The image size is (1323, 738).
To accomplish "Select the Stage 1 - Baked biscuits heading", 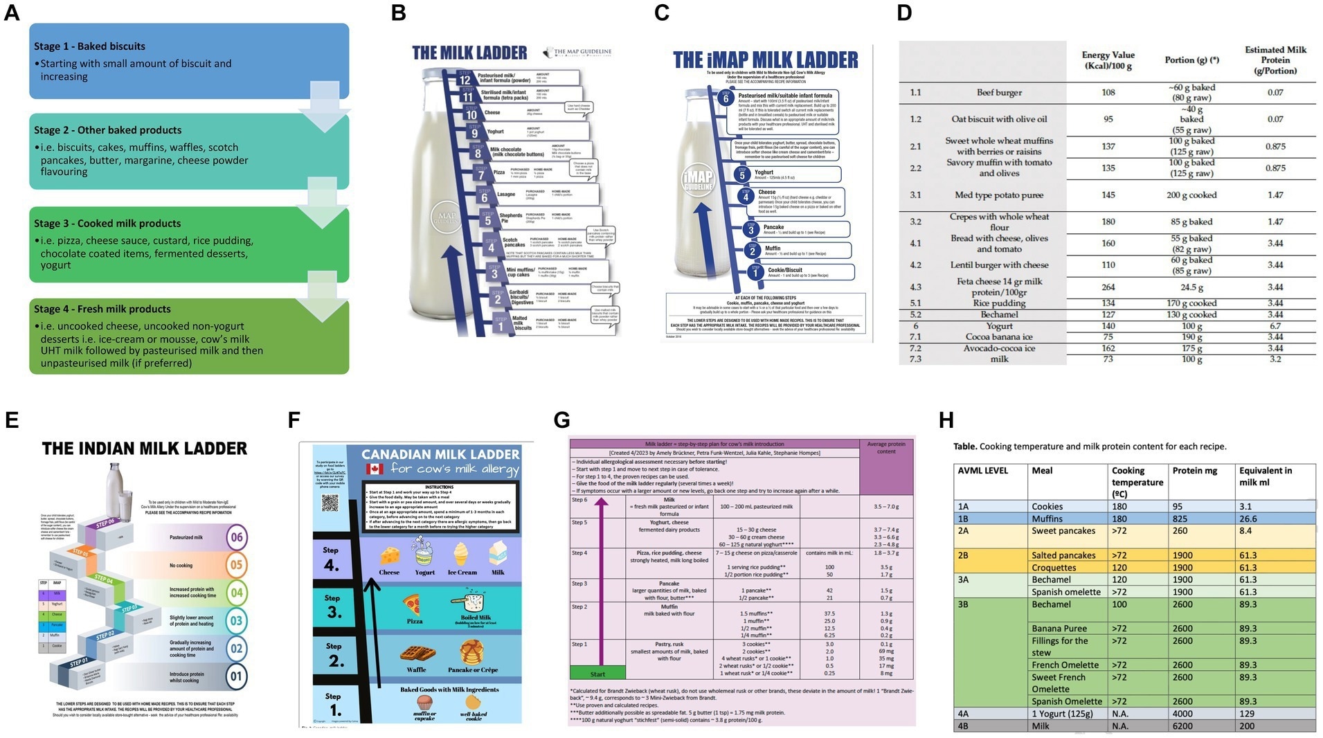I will tap(89, 46).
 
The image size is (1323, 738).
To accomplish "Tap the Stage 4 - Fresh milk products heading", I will tap(102, 309).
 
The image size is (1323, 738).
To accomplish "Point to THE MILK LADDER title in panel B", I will tap(469, 53).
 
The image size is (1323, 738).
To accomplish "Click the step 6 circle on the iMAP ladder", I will tap(726, 98).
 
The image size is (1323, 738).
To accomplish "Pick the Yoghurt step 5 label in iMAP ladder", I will tap(764, 172).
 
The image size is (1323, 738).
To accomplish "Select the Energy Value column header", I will tap(1108, 60).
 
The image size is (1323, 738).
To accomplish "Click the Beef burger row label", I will tap(998, 93).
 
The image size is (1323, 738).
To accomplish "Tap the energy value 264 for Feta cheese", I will tap(1108, 287).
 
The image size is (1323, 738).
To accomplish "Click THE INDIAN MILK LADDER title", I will tap(144, 449).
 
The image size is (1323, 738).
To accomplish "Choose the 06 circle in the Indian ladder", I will tap(237, 537).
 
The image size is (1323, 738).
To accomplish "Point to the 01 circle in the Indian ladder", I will tap(237, 676).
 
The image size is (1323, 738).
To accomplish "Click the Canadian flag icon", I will tap(375, 469).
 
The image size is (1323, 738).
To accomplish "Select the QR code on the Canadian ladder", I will tap(330, 502).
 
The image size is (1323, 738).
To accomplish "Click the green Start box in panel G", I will tap(597, 673).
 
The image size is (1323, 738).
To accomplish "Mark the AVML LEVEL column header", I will tap(982, 471).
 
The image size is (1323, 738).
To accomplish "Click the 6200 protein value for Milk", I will tap(1182, 726).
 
